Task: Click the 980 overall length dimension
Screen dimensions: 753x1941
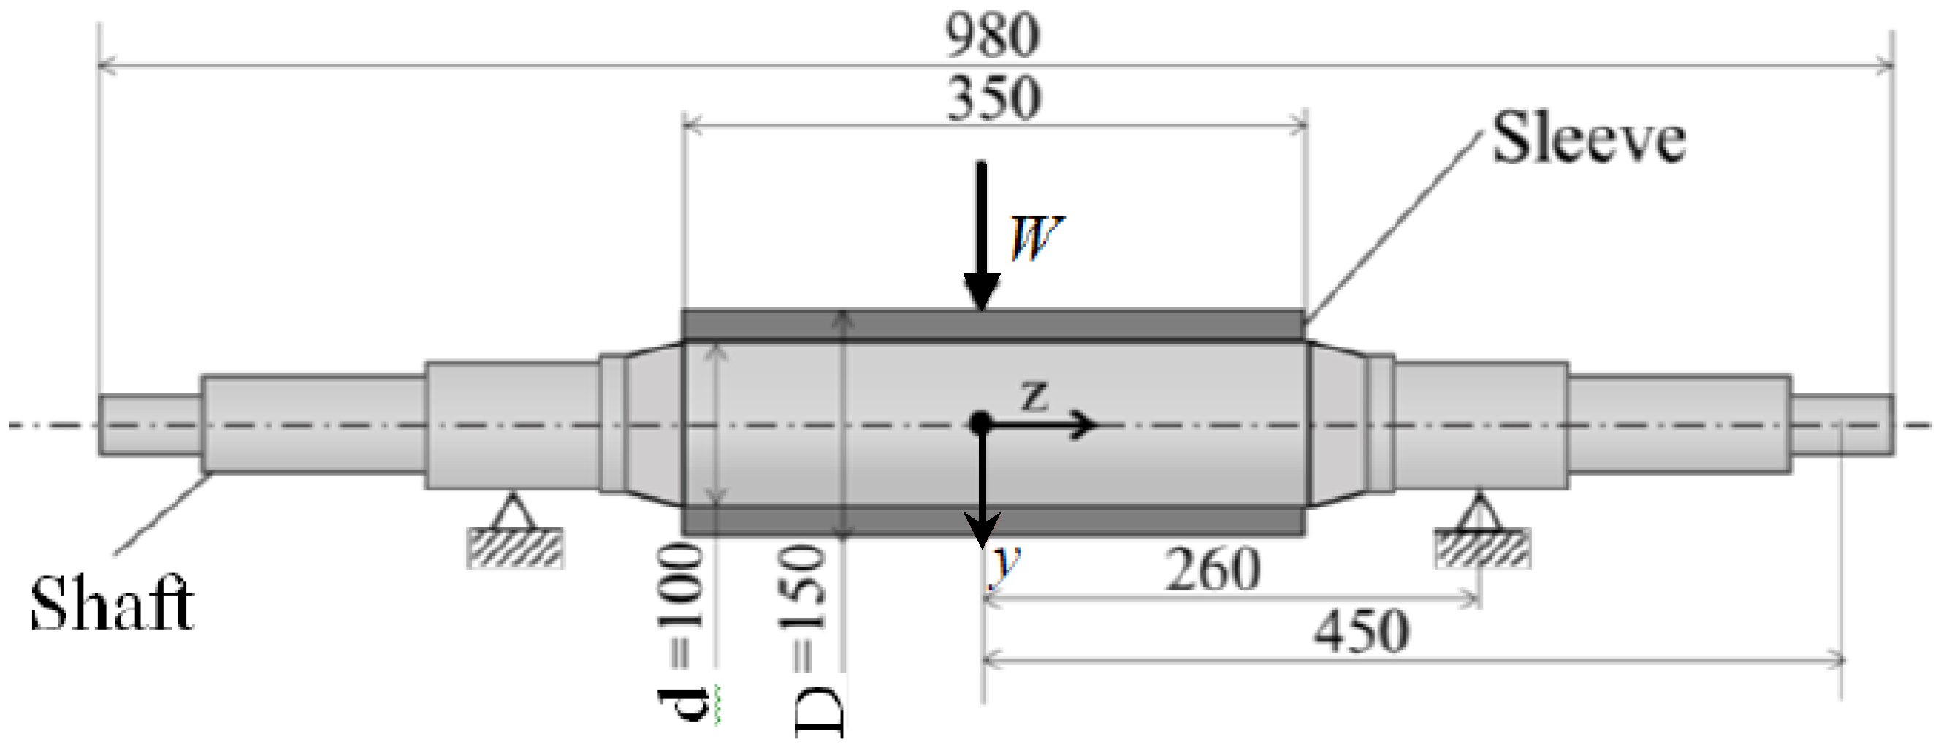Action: pos(992,35)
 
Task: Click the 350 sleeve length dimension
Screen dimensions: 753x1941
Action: pos(994,99)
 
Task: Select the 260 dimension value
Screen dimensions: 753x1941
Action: pos(1213,570)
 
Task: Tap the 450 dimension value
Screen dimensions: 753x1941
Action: pos(1361,632)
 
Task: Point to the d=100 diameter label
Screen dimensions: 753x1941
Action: pos(680,633)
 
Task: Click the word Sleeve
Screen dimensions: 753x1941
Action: pos(1588,139)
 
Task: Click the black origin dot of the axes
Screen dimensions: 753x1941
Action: pos(980,421)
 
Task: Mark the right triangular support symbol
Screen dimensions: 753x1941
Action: pos(1480,512)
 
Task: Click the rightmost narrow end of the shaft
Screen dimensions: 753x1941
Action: pos(1843,425)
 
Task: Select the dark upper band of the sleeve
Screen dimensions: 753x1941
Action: pos(993,325)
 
